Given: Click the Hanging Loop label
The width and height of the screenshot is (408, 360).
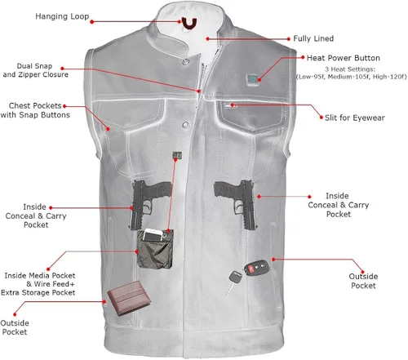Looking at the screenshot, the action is pos(62,16).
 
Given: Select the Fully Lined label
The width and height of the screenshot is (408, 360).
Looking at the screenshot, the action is pos(313,38).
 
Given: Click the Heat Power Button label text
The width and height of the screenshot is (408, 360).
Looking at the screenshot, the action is pos(344,58).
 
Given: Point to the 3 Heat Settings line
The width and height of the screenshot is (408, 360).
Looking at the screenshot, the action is pos(352,73).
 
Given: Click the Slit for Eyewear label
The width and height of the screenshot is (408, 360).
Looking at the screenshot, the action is pos(355,118).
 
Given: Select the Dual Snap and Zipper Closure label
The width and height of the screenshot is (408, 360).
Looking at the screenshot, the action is pos(36,70).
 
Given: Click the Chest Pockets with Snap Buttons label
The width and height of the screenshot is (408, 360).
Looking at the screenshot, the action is pos(35,110).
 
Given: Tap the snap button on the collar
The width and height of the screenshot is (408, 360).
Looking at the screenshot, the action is pos(185,62).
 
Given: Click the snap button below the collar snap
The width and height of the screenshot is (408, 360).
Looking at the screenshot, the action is pos(186,125).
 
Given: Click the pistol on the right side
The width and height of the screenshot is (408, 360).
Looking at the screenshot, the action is pos(237,202).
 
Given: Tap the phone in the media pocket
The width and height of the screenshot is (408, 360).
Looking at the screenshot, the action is pos(153,234).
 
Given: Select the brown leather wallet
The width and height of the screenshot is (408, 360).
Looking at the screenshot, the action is pos(129,299).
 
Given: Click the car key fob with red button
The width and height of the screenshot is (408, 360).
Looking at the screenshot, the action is pos(256,268).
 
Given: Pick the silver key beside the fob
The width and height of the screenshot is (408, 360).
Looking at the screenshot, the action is pos(233,282).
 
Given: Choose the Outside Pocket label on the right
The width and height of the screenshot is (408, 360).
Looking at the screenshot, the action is pos(363,281).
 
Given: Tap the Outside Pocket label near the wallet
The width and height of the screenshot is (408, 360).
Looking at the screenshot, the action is pos(15,327).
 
